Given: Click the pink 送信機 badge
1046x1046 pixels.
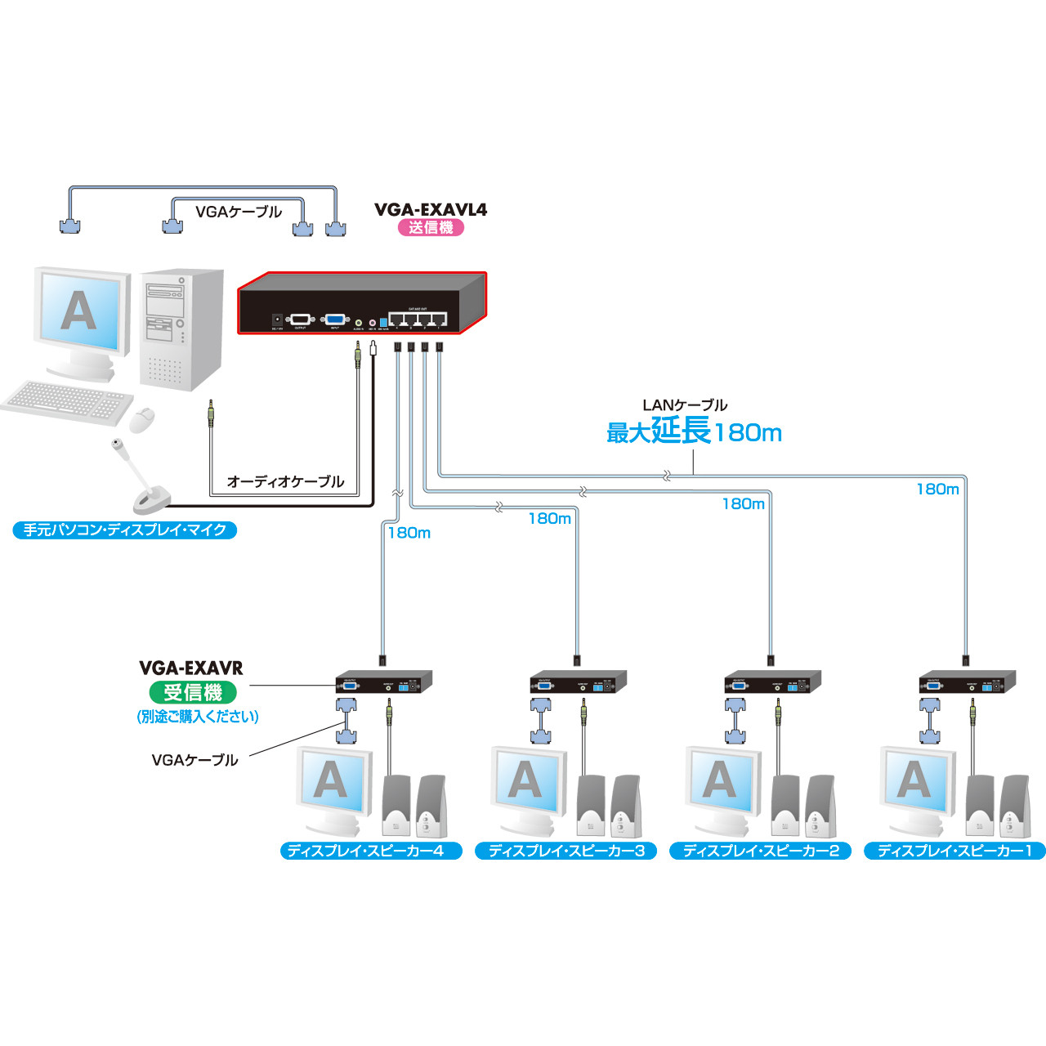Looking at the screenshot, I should pyautogui.click(x=431, y=228).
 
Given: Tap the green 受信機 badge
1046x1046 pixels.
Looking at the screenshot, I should pyautogui.click(x=193, y=692).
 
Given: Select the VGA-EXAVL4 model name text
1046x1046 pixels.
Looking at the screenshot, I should pyautogui.click(x=431, y=209).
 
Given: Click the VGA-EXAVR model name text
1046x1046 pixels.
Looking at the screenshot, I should pyautogui.click(x=191, y=668).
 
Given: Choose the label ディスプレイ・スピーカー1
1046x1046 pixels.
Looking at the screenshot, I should pyautogui.click(x=954, y=851).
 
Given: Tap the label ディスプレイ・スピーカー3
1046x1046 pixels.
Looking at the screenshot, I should pyautogui.click(x=566, y=851).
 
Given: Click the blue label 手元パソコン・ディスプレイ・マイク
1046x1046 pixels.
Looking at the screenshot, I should pyautogui.click(x=125, y=530).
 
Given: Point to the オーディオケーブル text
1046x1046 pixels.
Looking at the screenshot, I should pyautogui.click(x=285, y=482).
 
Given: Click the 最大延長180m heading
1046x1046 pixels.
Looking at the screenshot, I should pyautogui.click(x=694, y=431).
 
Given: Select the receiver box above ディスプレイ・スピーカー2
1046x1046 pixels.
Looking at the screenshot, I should pyautogui.click(x=773, y=682).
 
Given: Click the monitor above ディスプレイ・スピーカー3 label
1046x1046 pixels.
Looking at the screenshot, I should pyautogui.click(x=527, y=781).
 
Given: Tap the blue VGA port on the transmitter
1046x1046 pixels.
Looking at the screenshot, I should pyautogui.click(x=335, y=320).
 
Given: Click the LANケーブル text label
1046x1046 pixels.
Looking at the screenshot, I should pyautogui.click(x=685, y=405).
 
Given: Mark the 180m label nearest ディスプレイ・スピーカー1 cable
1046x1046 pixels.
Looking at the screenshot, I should pyautogui.click(x=937, y=489).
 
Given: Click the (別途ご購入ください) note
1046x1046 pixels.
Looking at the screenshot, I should pyautogui.click(x=198, y=717).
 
